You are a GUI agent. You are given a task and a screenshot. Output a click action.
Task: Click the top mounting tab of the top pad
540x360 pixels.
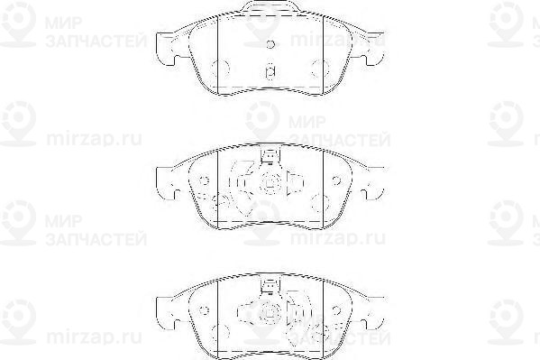tap(270, 11)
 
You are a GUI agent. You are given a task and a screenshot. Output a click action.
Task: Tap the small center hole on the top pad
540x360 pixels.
tap(270, 43)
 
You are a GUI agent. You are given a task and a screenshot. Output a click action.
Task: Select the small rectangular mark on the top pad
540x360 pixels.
tap(269, 71)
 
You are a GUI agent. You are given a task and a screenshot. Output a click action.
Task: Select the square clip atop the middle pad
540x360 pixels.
tap(268, 157)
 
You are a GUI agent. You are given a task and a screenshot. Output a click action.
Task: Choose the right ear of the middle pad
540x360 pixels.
tap(372, 185)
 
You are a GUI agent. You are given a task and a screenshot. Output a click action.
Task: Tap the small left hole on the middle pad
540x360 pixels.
tap(204, 179)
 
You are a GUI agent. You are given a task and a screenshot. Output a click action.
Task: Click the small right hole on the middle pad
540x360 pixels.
tap(335, 179)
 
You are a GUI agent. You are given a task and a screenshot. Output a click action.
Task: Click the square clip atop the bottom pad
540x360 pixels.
tap(268, 287)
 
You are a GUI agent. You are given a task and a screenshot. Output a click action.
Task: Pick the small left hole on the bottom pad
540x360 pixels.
tap(204, 309)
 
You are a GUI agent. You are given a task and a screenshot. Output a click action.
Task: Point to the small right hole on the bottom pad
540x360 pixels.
tap(335, 309)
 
